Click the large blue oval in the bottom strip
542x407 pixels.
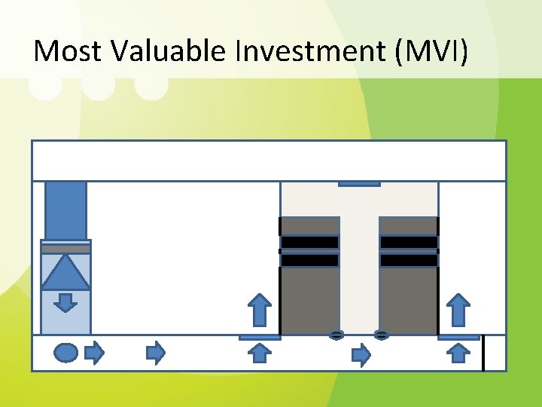[x=66, y=352]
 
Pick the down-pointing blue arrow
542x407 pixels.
[x=65, y=302]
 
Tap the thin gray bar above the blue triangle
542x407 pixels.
[x=65, y=249]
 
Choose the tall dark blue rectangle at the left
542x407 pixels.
[x=65, y=210]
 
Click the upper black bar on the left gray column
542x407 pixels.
[x=309, y=242]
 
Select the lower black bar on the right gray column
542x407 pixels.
[x=409, y=260]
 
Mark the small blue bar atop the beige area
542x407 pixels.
[x=359, y=183]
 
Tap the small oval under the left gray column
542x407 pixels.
[x=336, y=335]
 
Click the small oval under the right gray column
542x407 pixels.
[x=382, y=335]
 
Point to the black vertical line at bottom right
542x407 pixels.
[x=483, y=353]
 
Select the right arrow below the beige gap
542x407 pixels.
[x=362, y=353]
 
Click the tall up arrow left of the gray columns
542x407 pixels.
[x=260, y=310]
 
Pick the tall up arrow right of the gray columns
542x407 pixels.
[x=458, y=310]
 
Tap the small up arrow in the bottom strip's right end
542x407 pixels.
[x=458, y=353]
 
